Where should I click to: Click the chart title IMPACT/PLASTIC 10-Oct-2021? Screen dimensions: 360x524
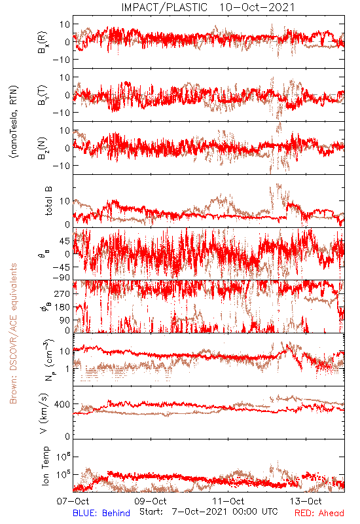[x=207, y=7]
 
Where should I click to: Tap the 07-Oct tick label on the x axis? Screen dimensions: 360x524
[x=73, y=501]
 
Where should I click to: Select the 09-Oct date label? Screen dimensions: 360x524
[x=151, y=501]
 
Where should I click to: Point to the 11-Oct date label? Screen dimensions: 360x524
[x=228, y=501]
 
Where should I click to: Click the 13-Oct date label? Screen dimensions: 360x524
[x=306, y=501]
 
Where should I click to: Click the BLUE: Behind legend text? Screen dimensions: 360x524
[x=101, y=513]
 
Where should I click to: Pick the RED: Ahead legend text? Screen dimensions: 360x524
[x=319, y=513]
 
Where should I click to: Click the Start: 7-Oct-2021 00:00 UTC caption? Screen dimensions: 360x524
[x=208, y=512]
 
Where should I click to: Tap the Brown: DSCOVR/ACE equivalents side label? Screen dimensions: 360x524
[x=13, y=333]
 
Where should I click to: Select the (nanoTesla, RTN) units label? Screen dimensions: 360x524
[x=14, y=122]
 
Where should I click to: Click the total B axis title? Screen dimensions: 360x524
[x=48, y=201]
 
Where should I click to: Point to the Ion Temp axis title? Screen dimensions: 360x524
[x=45, y=466]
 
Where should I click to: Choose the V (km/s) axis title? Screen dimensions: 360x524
[x=44, y=413]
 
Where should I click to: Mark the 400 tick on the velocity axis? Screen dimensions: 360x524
[x=62, y=404]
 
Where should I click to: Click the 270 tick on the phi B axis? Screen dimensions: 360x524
[x=62, y=293]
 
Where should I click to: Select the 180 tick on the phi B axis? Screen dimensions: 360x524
[x=62, y=307]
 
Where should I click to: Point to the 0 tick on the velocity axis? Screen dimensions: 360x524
[x=67, y=436]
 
